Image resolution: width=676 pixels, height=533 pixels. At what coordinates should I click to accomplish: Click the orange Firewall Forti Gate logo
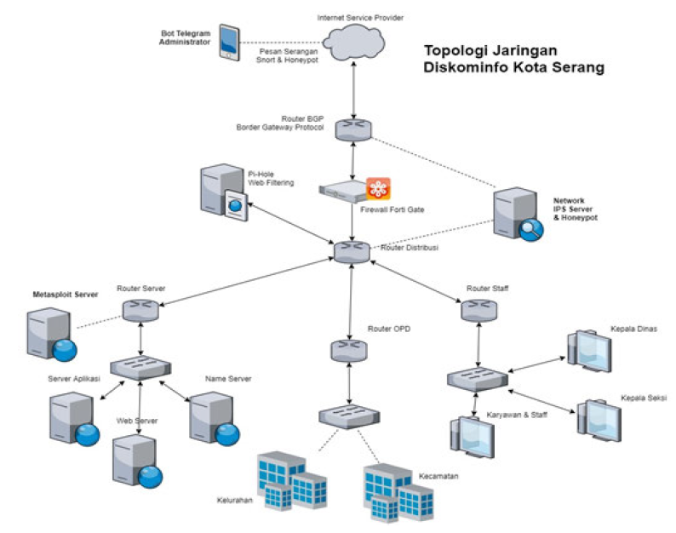[x=378, y=189]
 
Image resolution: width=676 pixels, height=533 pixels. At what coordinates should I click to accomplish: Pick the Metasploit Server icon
[x=51, y=334]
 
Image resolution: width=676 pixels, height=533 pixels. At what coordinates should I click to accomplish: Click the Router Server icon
[x=140, y=311]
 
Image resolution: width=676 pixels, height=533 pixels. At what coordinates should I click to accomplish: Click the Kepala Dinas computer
[x=588, y=349]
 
